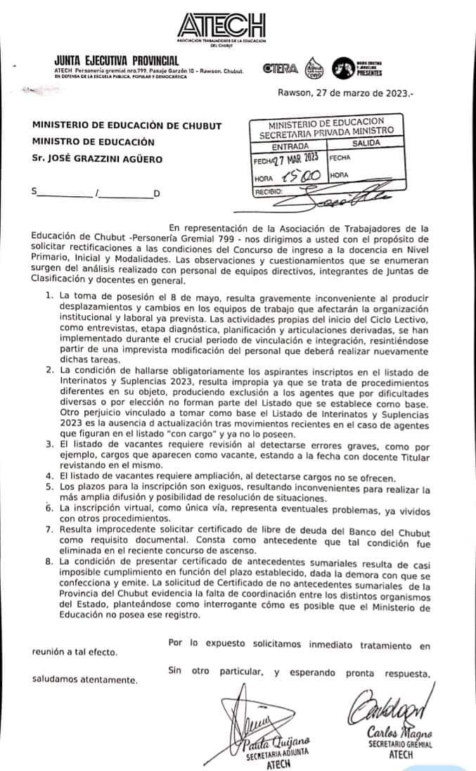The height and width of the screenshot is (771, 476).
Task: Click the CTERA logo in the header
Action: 280,68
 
